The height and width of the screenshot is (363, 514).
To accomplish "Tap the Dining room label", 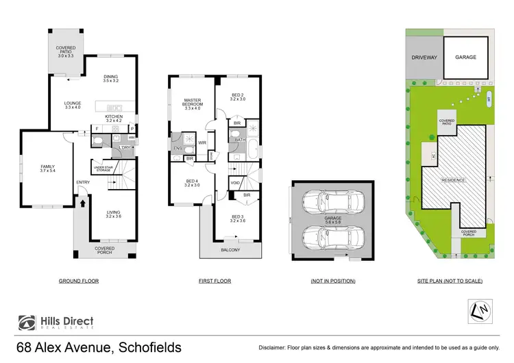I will (x=110, y=79).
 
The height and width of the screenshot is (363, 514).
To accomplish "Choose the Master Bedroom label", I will (x=192, y=104).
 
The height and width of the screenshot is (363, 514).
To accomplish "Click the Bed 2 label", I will (x=238, y=97).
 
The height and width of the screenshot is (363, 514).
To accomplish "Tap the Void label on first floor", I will (x=235, y=183).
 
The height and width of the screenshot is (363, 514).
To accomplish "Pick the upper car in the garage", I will (x=334, y=201).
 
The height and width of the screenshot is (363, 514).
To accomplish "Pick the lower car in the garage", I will (x=334, y=237).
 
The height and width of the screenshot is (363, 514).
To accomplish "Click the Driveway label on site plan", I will (x=424, y=58).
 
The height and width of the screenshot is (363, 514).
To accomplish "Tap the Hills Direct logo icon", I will (x=26, y=323).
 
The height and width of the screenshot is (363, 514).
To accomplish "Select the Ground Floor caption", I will (x=78, y=281).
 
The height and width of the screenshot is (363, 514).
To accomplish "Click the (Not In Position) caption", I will (x=333, y=281).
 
